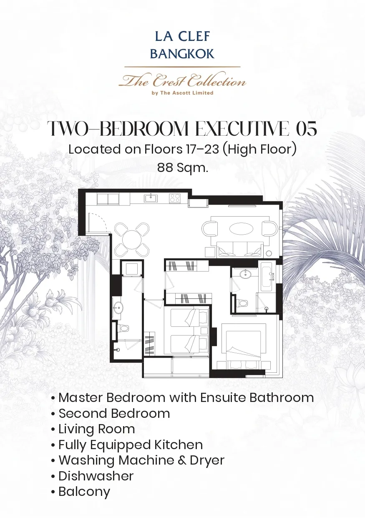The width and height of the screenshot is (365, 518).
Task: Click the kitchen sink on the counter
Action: (151, 198)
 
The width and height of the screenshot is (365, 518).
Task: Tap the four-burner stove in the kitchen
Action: (174, 198)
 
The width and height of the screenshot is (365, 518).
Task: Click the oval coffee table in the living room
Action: (240, 228)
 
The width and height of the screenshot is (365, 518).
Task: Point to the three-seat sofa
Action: (240, 249)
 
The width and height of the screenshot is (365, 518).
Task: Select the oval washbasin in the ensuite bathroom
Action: (246, 274)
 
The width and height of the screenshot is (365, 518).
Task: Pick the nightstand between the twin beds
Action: (204, 331)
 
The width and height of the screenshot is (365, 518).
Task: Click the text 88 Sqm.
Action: (183, 168)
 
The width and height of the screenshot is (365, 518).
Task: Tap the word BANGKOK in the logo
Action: (182, 54)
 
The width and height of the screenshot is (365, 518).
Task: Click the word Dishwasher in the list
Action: (96, 476)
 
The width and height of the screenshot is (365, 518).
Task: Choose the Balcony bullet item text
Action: (84, 492)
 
